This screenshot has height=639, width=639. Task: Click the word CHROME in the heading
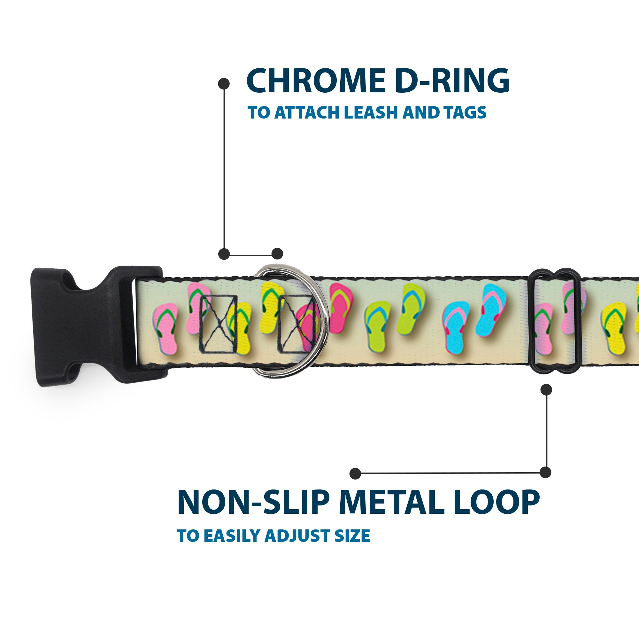click(x=316, y=81)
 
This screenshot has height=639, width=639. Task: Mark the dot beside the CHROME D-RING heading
click(x=224, y=84)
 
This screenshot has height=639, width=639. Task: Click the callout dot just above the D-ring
click(x=277, y=254)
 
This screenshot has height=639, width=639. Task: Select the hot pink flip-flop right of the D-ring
click(x=341, y=302)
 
